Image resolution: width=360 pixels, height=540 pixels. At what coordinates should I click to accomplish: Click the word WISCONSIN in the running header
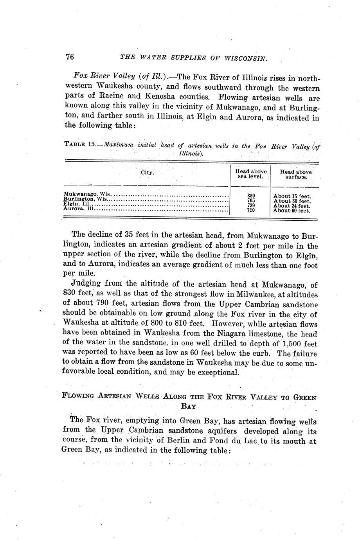click(x=246, y=58)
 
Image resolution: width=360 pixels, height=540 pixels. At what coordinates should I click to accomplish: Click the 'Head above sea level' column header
click(x=251, y=174)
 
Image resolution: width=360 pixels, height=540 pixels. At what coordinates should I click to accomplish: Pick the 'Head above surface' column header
click(x=296, y=174)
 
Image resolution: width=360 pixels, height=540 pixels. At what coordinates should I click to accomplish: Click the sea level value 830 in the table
click(x=251, y=195)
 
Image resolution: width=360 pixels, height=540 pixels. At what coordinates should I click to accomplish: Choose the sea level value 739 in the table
click(x=251, y=205)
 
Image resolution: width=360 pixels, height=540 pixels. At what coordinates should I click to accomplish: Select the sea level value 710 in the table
click(x=251, y=210)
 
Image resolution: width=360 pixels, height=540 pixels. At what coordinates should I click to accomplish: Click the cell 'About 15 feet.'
click(x=292, y=196)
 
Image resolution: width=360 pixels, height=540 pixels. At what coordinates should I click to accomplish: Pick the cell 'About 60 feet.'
click(x=292, y=211)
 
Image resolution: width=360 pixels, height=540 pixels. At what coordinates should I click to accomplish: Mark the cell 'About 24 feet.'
click(x=292, y=206)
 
